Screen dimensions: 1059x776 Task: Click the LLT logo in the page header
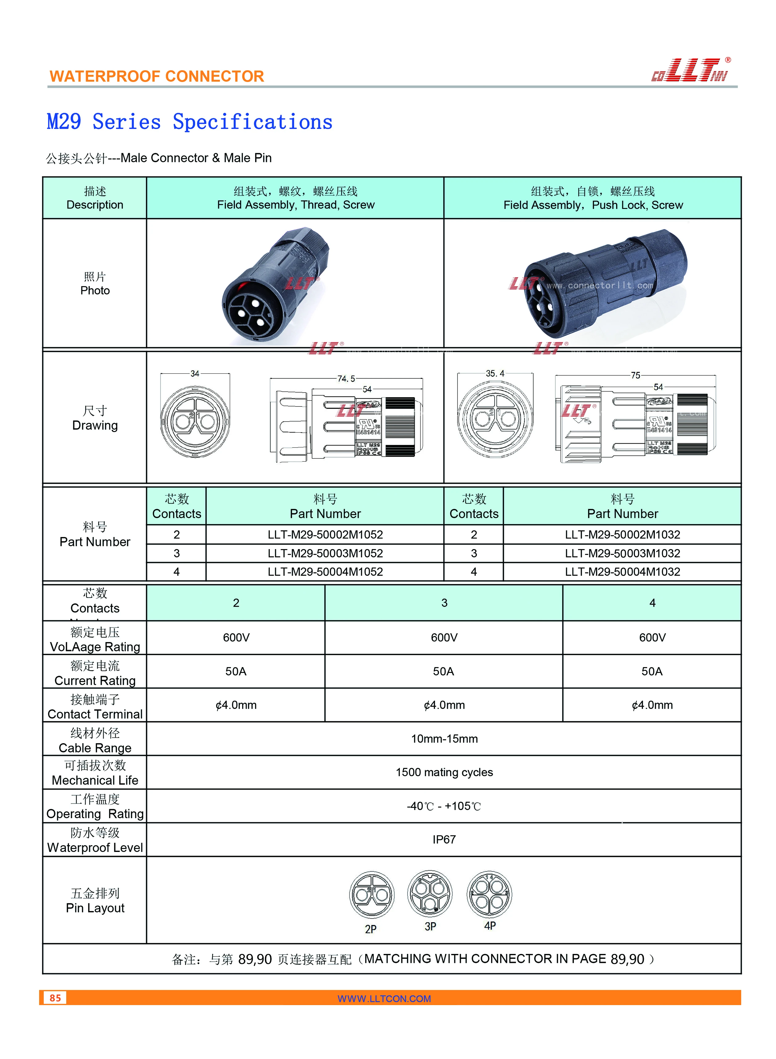(689, 71)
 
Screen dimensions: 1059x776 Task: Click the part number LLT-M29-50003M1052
(325, 553)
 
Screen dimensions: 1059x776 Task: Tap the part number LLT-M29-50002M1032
(622, 534)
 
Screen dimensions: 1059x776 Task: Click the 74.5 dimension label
(346, 379)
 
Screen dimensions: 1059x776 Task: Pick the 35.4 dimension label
(495, 373)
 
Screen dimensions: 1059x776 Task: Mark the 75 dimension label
(635, 375)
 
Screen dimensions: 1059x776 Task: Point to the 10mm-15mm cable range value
(444, 739)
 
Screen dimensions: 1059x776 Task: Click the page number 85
(55, 997)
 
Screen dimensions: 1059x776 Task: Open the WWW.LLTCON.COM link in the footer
(384, 998)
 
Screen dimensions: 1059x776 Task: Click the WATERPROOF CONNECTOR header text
(157, 76)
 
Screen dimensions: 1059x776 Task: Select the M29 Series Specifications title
(189, 122)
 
